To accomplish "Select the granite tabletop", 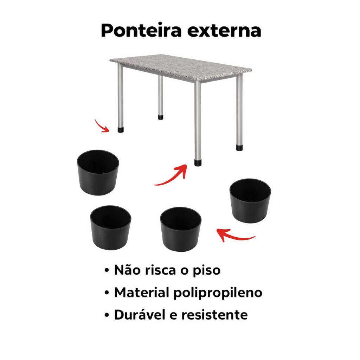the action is click(180, 67).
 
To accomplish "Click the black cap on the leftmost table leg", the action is click(121, 130).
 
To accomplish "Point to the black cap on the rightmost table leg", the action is click(239, 148).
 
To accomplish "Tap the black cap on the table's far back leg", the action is click(160, 117).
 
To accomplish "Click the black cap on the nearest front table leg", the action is click(198, 162).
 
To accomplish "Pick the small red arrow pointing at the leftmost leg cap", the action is click(102, 126).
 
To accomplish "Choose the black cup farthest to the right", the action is click(250, 201).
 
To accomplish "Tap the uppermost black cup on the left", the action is click(98, 173).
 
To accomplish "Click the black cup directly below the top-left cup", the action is click(111, 227).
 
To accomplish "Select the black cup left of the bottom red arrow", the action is click(181, 229).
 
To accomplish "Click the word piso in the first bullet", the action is click(206, 270).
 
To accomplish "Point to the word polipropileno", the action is click(218, 293).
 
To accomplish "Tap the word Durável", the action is click(140, 314).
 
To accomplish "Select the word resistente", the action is click(215, 315).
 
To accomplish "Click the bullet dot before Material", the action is click(107, 293).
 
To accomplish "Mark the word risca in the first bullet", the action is click(160, 270).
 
